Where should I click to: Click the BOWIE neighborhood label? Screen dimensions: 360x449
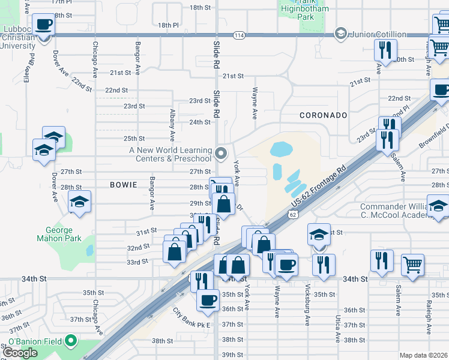tap(124, 185)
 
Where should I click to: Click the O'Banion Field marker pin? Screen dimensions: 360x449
tap(71, 342)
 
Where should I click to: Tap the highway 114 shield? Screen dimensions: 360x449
tap(240, 35)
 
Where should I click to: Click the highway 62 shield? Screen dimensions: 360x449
tap(293, 214)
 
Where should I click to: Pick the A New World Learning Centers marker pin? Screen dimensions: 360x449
tap(221, 154)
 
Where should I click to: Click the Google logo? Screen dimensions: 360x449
tap(20, 353)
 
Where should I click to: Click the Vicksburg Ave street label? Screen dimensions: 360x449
tap(307, 304)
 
